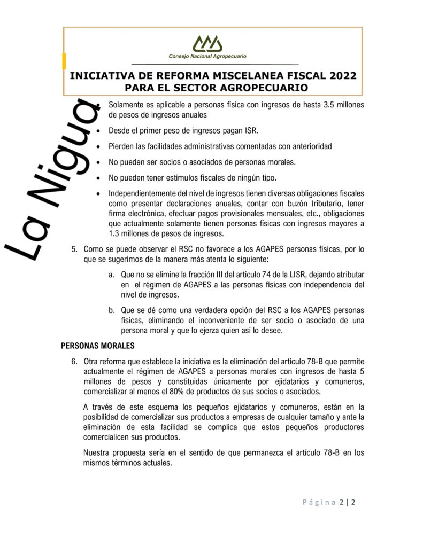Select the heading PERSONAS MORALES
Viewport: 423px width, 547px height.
pos(97,345)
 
